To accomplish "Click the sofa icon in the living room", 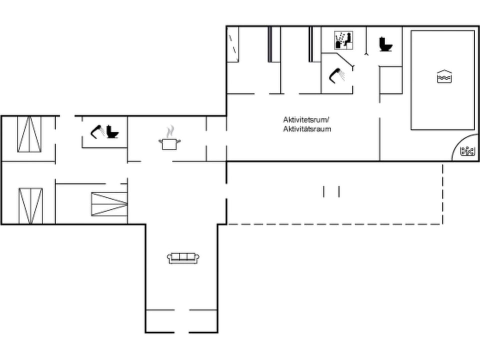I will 183,258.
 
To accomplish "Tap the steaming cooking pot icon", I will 170,143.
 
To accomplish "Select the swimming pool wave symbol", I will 444,77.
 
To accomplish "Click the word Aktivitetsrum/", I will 306,120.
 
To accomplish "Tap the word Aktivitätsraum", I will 306,129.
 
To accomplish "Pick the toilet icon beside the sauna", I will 385,44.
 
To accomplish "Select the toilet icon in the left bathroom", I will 112,132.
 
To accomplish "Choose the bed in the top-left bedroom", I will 29,134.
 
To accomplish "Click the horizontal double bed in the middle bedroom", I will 109,204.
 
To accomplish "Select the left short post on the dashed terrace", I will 324,191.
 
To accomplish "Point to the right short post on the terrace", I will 339,191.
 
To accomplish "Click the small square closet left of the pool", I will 391,80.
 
